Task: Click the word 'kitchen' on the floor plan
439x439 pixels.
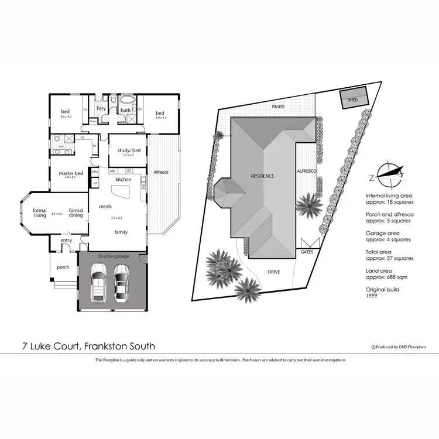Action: tap(123, 179)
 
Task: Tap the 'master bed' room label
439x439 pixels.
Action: tap(70, 173)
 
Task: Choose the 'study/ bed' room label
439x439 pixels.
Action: tap(125, 150)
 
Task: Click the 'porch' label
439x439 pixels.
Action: tap(63, 267)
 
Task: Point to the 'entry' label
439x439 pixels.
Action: tap(66, 240)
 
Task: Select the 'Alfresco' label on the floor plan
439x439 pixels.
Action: tap(161, 172)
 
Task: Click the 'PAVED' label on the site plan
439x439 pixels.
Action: tap(279, 107)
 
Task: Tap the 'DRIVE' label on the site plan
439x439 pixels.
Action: tap(273, 272)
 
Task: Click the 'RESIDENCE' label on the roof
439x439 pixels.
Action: tap(263, 176)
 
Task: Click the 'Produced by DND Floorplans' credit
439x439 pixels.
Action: tap(401, 347)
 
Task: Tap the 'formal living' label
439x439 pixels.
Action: tap(39, 213)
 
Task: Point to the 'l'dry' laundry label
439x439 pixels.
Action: tap(101, 109)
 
